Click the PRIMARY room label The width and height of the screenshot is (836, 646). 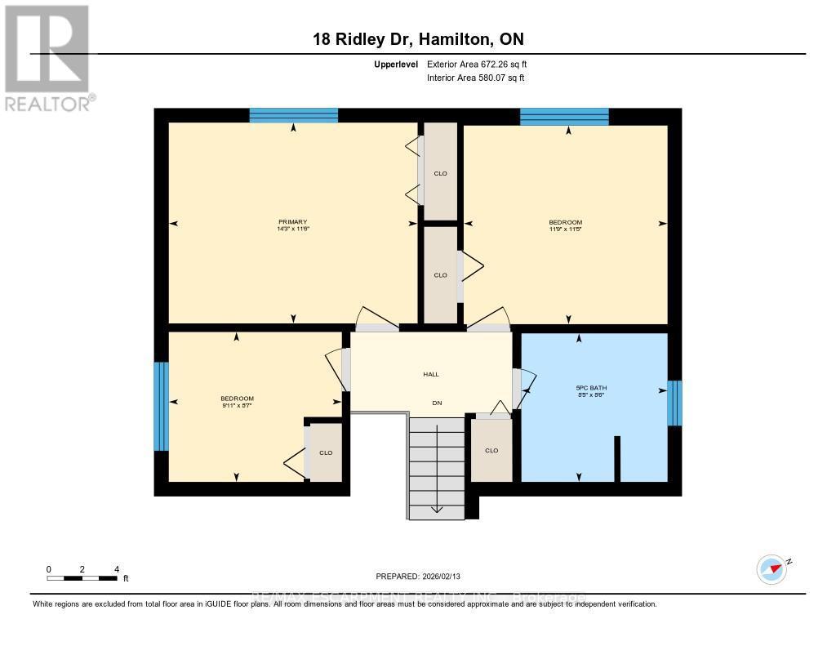click(292, 222)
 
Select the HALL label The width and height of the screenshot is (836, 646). click(431, 374)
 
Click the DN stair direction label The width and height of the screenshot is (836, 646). click(437, 403)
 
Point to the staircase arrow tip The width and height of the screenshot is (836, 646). click(437, 510)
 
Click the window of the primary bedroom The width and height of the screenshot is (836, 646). click(293, 115)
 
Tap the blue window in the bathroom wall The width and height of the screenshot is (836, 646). click(674, 403)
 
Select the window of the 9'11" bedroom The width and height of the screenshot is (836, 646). click(161, 406)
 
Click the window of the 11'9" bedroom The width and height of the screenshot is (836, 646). click(564, 116)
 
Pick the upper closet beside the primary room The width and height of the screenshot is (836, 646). click(440, 172)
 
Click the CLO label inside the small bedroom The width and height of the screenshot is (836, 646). click(326, 452)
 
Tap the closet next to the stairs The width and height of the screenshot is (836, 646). click(491, 450)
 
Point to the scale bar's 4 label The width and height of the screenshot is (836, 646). click(117, 569)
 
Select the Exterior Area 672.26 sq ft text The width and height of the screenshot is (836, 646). click(482, 64)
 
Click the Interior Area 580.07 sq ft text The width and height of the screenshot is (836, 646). click(475, 78)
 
